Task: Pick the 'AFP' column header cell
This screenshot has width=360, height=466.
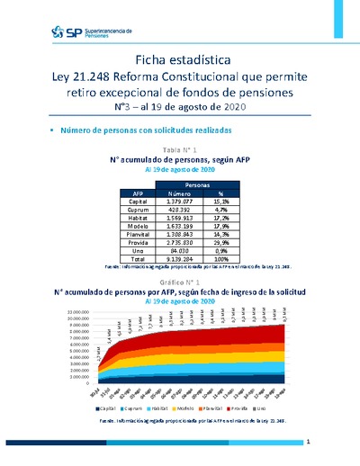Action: pos(138,193)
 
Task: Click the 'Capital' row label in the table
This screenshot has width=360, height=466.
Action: pos(138,202)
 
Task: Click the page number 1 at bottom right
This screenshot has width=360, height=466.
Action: pos(308,443)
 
